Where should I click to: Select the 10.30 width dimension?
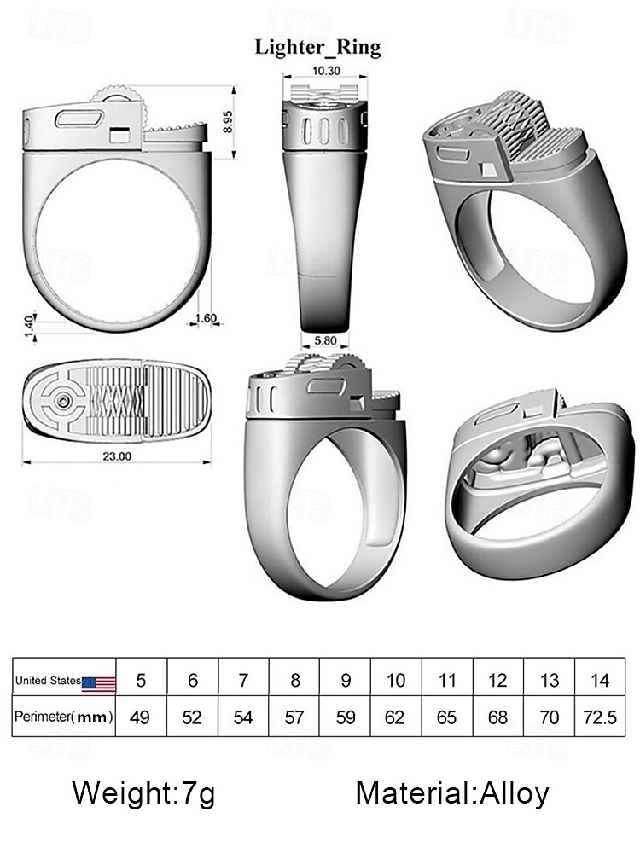pyautogui.click(x=326, y=72)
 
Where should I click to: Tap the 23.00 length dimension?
pyautogui.click(x=117, y=456)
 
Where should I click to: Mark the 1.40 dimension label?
pyautogui.click(x=28, y=325)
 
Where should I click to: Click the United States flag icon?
pyautogui.click(x=99, y=682)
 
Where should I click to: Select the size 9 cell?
pyautogui.click(x=346, y=681)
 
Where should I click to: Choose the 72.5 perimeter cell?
pyautogui.click(x=599, y=717)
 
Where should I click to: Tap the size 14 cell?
pyautogui.click(x=599, y=681)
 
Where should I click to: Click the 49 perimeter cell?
pyautogui.click(x=141, y=717)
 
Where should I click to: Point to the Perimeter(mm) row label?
pyautogui.click(x=63, y=717)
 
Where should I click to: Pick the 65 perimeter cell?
pyautogui.click(x=447, y=717)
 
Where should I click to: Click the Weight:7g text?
pyautogui.click(x=143, y=793)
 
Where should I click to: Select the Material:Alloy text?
pyautogui.click(x=452, y=793)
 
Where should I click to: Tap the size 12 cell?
pyautogui.click(x=498, y=681)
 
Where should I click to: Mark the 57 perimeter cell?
pyautogui.click(x=294, y=717)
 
